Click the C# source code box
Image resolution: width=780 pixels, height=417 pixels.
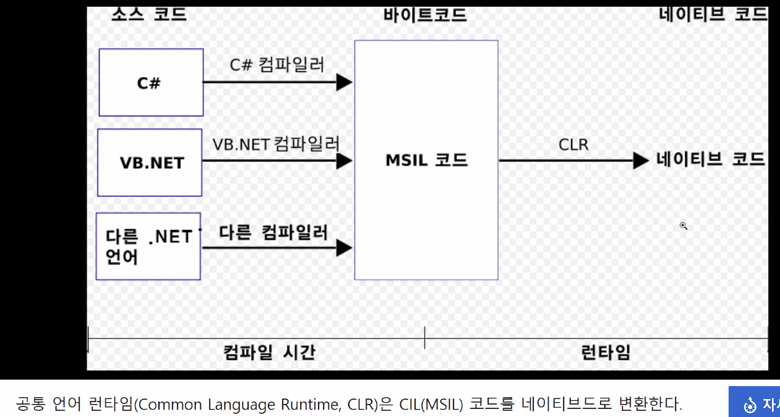(x=151, y=82)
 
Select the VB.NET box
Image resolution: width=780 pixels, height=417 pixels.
(x=150, y=163)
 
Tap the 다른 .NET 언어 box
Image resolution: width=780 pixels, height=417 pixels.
(x=148, y=246)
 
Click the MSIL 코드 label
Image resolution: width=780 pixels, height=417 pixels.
(x=426, y=160)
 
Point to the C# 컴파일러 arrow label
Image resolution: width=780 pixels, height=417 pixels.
(x=276, y=64)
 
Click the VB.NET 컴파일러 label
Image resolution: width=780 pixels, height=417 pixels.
(x=276, y=144)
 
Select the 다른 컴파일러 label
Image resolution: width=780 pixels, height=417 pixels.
(x=273, y=233)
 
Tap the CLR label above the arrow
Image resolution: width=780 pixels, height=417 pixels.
(x=573, y=145)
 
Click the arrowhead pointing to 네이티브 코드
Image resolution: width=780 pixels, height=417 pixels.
(x=641, y=161)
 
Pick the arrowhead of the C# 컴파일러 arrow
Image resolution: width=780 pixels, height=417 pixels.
(x=344, y=82)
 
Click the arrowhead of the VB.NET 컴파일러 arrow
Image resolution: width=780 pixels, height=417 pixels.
(x=344, y=161)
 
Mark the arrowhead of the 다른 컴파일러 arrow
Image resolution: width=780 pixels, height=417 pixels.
(x=344, y=248)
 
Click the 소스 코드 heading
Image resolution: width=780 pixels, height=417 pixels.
(x=149, y=14)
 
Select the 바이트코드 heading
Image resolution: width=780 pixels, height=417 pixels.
(x=425, y=15)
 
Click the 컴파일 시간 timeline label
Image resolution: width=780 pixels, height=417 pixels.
(x=269, y=353)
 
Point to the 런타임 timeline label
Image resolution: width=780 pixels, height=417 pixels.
(x=606, y=353)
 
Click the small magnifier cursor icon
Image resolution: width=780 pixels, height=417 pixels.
(x=684, y=226)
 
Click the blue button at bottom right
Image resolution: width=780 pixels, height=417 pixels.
(x=754, y=402)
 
